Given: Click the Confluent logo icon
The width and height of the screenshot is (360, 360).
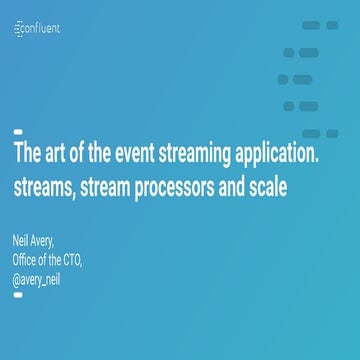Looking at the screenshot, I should point(20,29).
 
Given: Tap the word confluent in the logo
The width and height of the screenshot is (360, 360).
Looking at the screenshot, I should point(44,29).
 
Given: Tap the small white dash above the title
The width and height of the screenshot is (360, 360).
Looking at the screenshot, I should point(17,132).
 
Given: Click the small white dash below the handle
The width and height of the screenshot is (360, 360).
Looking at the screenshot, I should point(17,294).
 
